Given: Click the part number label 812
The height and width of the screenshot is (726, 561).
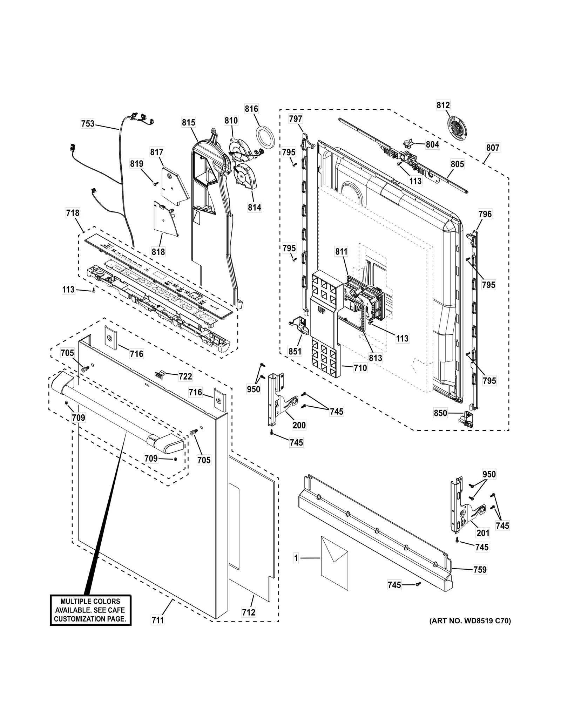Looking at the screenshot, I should click(x=443, y=105).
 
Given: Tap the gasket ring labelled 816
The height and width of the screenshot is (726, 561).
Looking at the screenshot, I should click(x=265, y=137).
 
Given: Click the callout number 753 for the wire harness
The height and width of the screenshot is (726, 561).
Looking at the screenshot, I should click(x=88, y=123).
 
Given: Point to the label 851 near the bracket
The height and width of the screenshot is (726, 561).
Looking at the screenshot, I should click(x=295, y=351).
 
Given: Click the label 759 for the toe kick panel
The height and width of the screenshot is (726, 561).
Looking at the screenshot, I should click(x=480, y=570).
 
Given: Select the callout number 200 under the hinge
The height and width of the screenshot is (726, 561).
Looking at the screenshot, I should click(x=299, y=425).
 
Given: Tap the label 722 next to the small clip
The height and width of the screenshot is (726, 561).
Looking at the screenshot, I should click(x=185, y=376).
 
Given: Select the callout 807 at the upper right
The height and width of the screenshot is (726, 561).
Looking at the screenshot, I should click(x=492, y=148).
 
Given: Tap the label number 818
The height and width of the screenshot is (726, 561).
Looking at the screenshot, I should click(x=158, y=252).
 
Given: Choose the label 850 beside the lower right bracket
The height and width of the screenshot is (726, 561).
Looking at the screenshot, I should click(x=440, y=413).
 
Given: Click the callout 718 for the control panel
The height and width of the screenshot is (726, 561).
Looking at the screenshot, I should click(x=73, y=213).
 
